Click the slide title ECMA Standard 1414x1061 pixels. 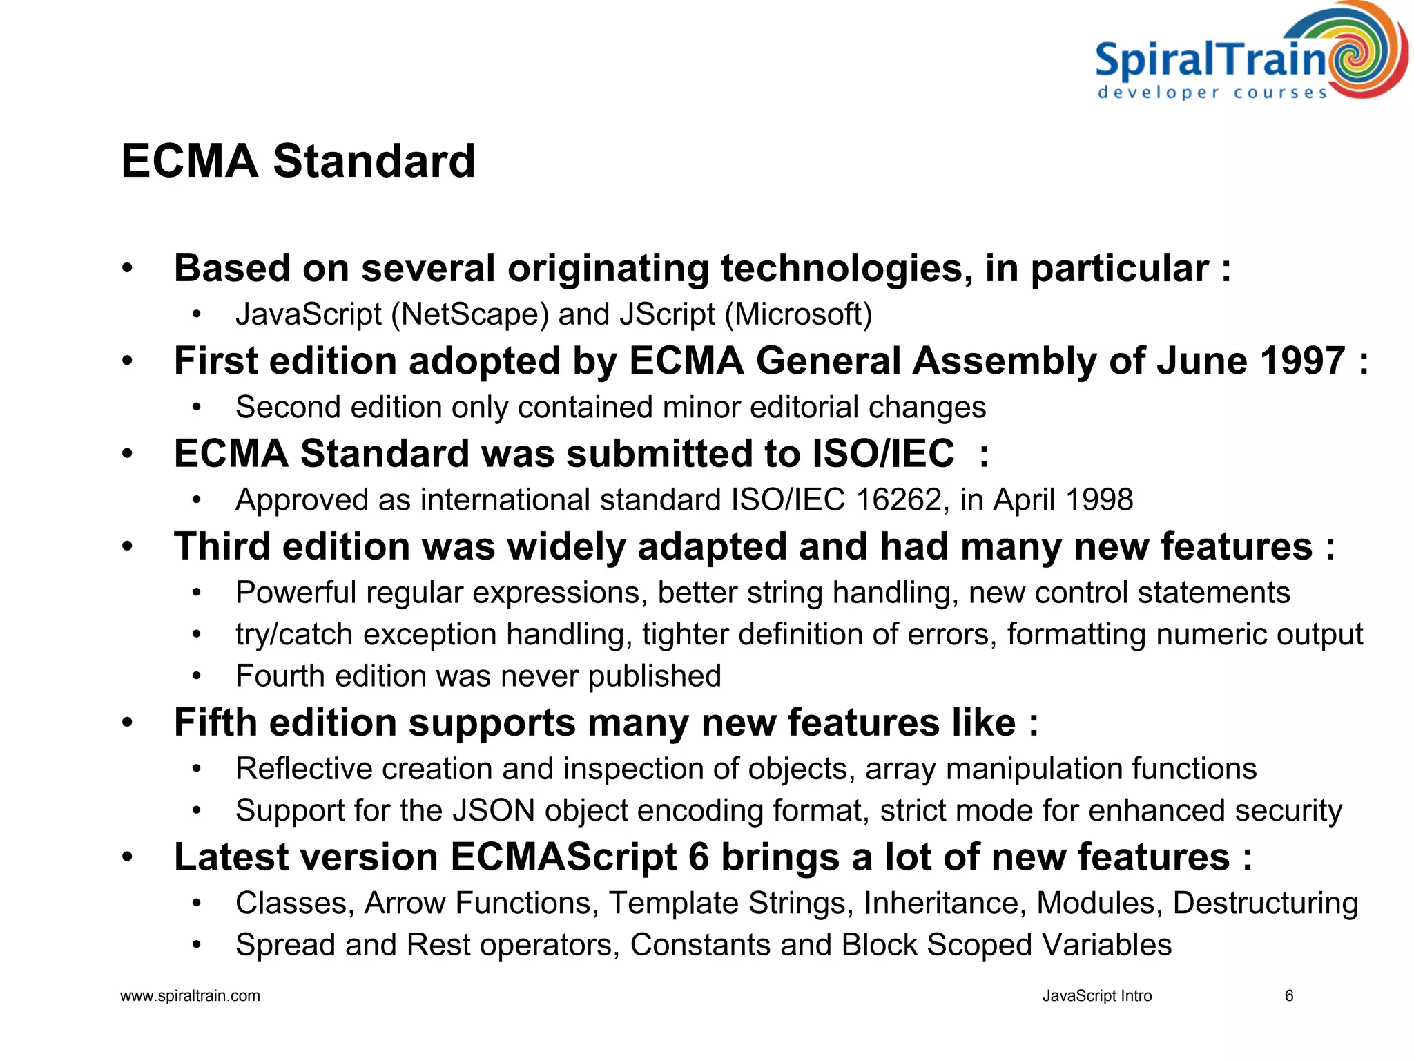coord(298,162)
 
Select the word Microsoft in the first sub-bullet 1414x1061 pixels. coord(798,315)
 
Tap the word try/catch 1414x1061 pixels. coord(294,635)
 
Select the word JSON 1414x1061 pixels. coord(494,811)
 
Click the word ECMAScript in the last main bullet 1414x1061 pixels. coord(563,857)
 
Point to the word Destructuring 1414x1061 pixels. coord(1265,904)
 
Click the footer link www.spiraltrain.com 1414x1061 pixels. coord(190,996)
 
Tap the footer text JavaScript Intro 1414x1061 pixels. coord(1096,996)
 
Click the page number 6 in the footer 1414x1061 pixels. coord(1288,996)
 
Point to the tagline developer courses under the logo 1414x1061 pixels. coord(1212,93)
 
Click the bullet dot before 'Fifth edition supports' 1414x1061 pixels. coord(127,723)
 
